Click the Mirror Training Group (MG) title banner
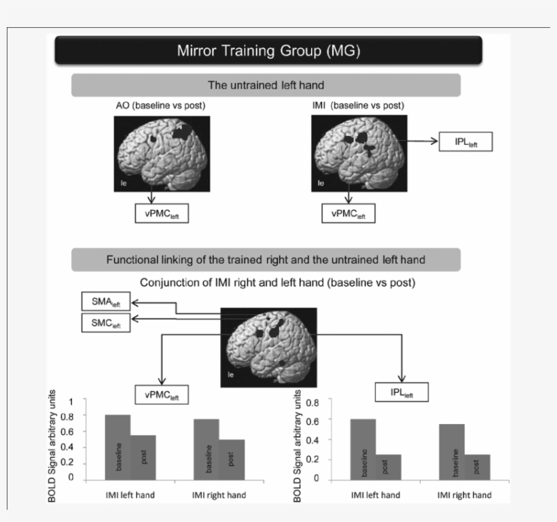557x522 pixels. [x=268, y=50]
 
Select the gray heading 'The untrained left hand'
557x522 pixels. [x=266, y=86]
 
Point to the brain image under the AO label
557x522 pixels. [x=161, y=153]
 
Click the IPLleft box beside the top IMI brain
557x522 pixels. [x=465, y=141]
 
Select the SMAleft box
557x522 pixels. [x=105, y=301]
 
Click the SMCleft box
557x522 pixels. [x=105, y=322]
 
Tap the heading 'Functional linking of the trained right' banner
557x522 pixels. [x=266, y=260]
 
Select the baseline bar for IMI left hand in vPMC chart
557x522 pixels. [x=118, y=447]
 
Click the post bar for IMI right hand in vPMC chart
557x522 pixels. [x=232, y=459]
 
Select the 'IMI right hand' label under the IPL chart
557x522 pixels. [x=464, y=495]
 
